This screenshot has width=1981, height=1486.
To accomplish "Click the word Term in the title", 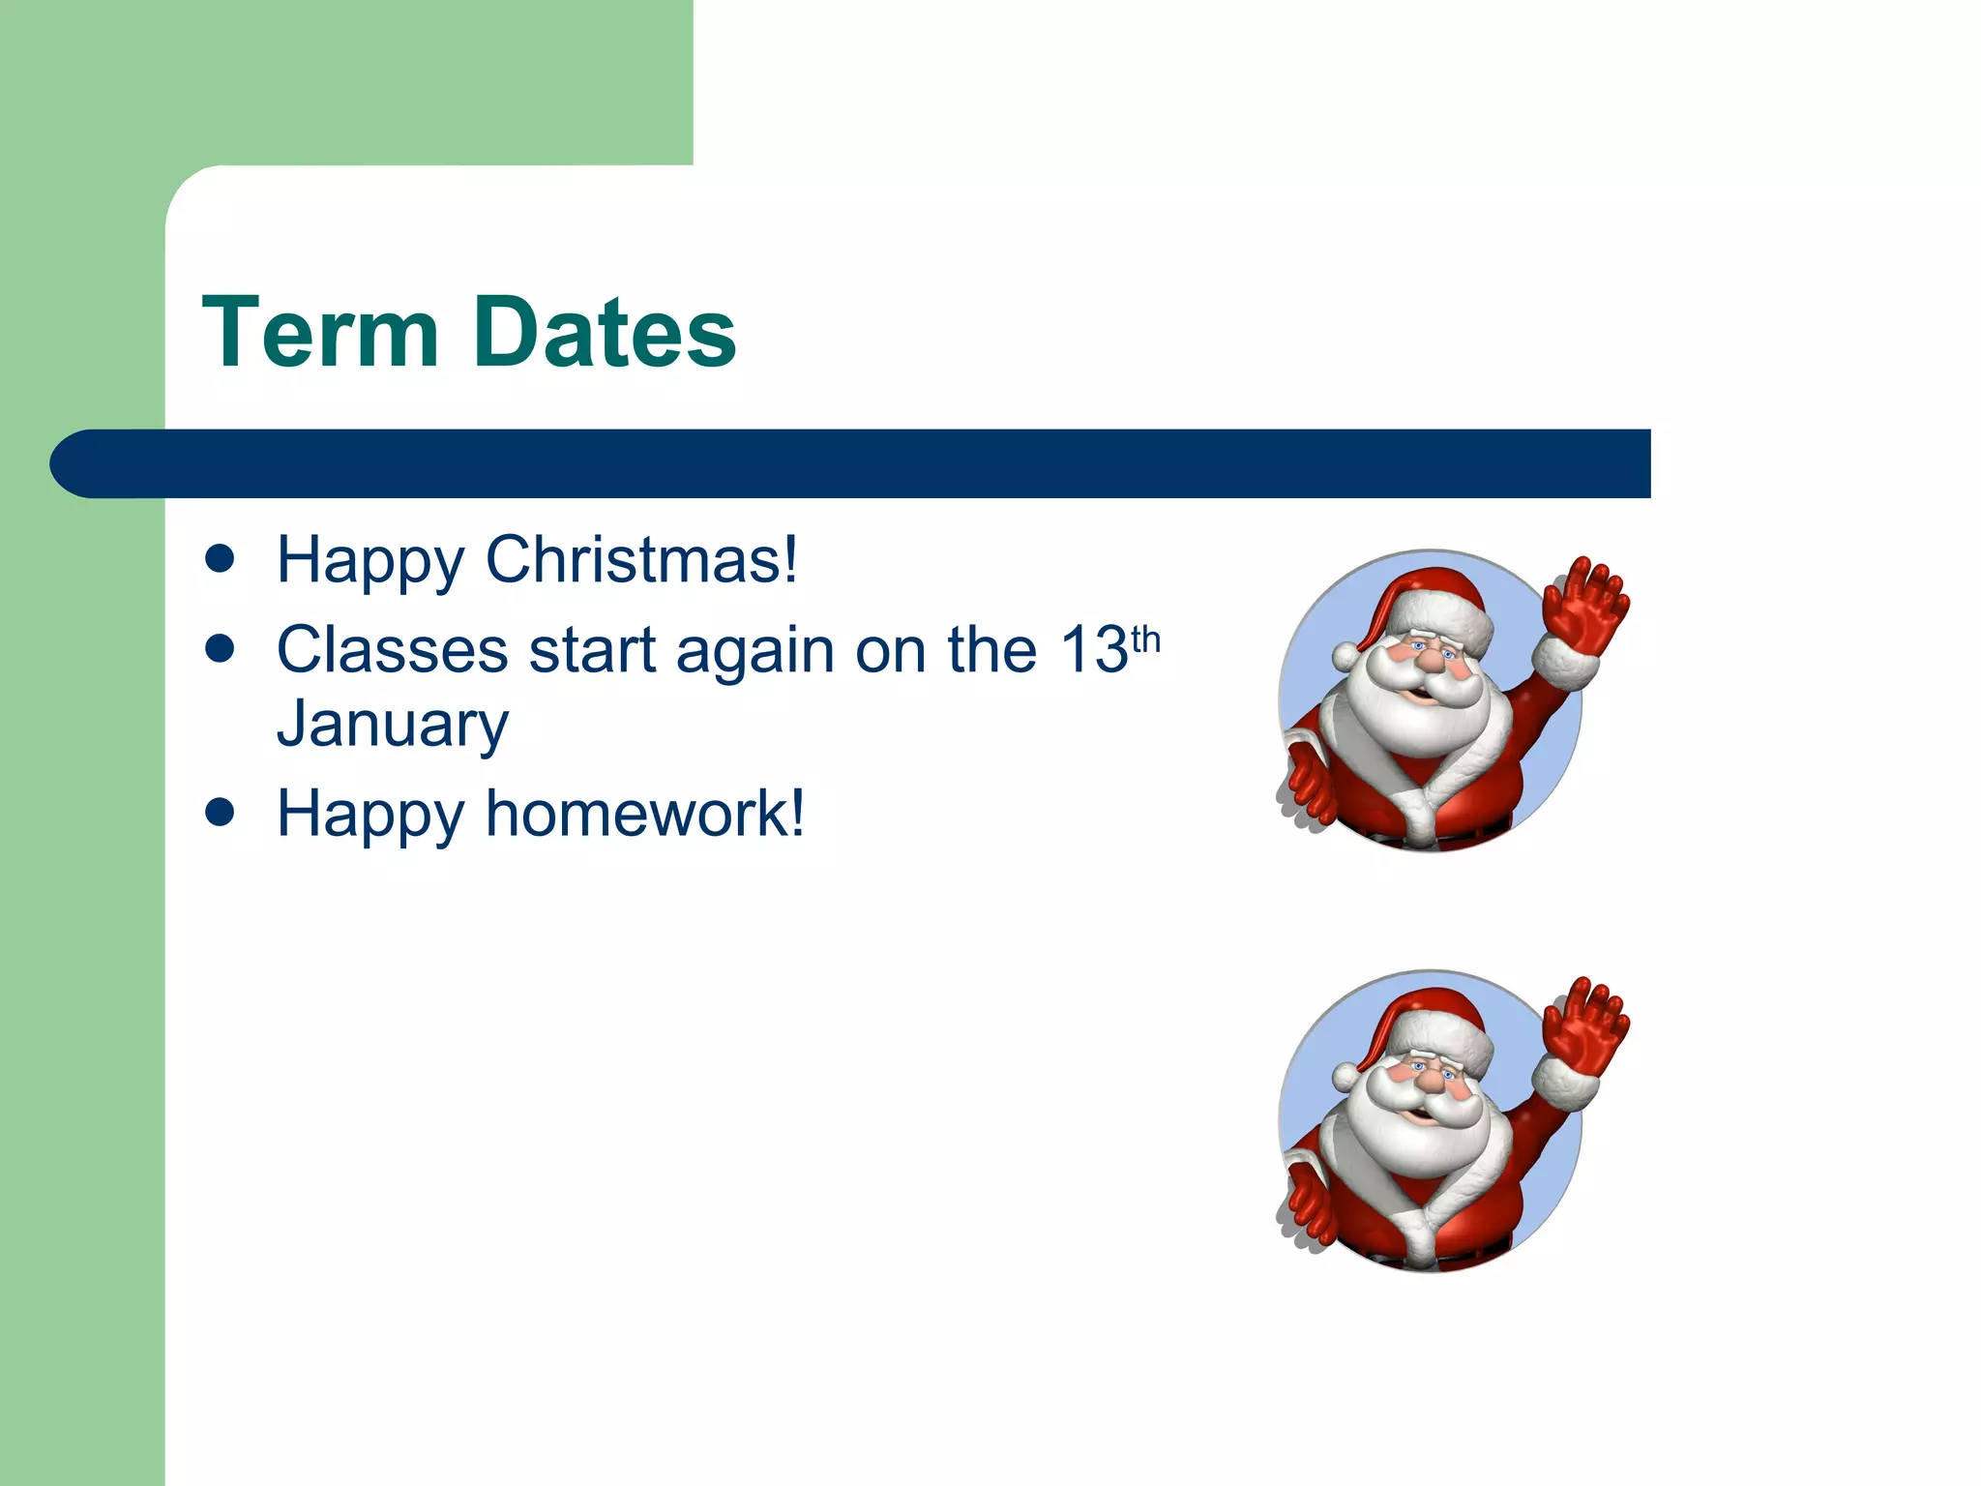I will pyautogui.click(x=320, y=333).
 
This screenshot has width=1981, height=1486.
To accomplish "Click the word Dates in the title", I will pyautogui.click(x=606, y=333).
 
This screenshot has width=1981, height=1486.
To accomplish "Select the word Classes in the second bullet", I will pyautogui.click(x=392, y=649).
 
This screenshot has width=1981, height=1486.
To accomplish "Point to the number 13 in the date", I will pyautogui.click(x=1094, y=649).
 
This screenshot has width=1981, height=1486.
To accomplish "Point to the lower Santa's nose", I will pyautogui.click(x=1430, y=1083).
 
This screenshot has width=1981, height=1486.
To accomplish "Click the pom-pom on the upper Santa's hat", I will pyautogui.click(x=1345, y=656).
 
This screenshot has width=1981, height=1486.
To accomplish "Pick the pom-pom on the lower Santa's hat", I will pyautogui.click(x=1345, y=1076).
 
